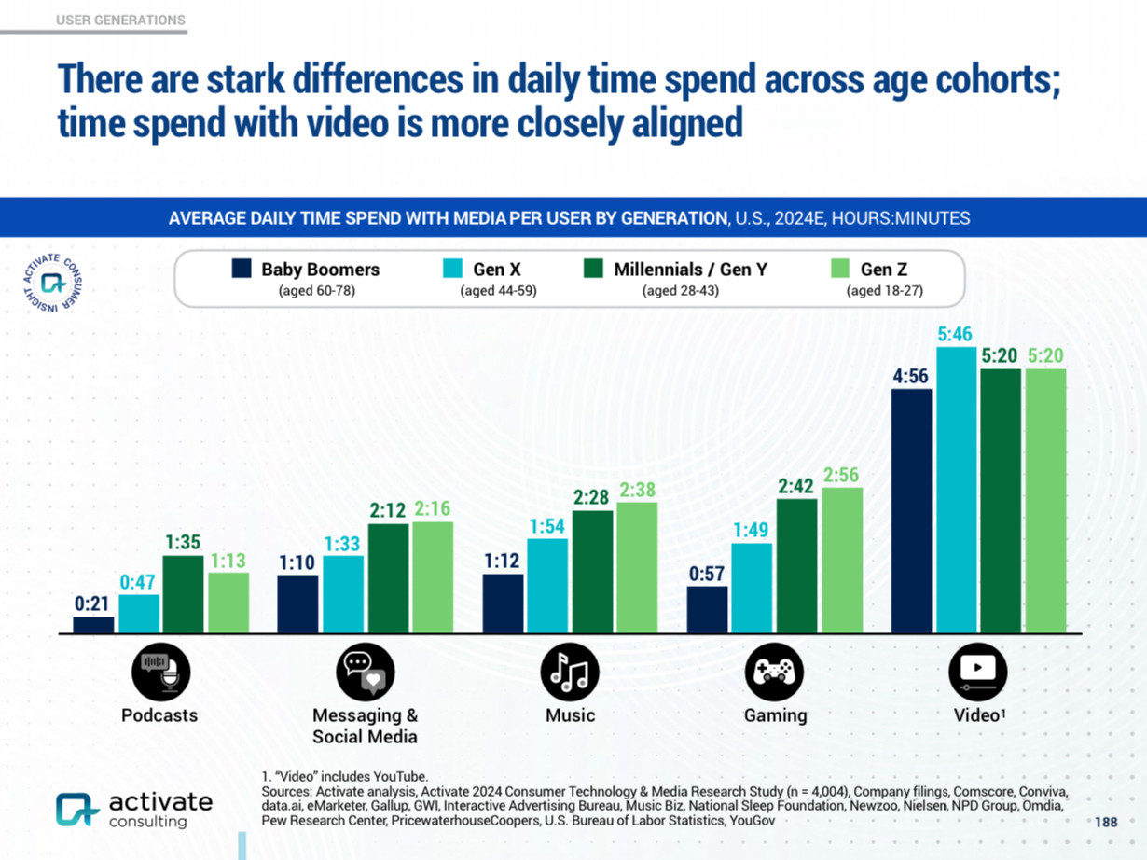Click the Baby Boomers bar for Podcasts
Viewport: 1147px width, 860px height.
[93, 625]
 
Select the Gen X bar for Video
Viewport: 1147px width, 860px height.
[956, 491]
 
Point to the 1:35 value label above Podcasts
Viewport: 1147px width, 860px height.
[184, 543]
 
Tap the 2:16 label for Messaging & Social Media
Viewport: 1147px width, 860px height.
[433, 509]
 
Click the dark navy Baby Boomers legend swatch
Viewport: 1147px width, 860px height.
[242, 269]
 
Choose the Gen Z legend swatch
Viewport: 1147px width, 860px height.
[839, 269]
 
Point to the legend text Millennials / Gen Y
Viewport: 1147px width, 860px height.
[690, 270]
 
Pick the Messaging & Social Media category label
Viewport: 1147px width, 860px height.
[365, 726]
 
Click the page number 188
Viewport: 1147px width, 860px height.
[1105, 822]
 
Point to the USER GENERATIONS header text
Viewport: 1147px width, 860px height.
[120, 20]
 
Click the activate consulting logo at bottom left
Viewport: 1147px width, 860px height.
[133, 809]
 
